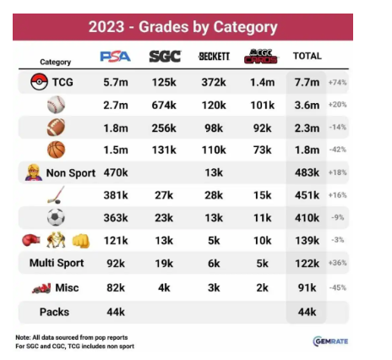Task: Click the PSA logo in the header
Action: (116, 57)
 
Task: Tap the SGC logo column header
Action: (165, 57)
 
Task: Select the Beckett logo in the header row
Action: (214, 57)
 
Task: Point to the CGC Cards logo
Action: (261, 56)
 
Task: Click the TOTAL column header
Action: (308, 56)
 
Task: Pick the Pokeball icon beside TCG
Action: (39, 82)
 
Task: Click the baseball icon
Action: (56, 105)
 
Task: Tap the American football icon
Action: (56, 128)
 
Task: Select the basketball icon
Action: (57, 150)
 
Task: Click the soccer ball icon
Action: (56, 217)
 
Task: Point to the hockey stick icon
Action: (56, 195)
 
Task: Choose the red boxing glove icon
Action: (31, 240)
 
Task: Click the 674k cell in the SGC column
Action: (164, 106)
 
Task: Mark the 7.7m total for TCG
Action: (307, 83)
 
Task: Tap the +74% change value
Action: (337, 83)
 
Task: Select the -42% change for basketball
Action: (338, 150)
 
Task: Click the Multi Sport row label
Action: (57, 263)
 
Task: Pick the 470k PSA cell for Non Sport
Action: (116, 172)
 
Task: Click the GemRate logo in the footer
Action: (330, 341)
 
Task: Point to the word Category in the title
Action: (245, 28)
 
